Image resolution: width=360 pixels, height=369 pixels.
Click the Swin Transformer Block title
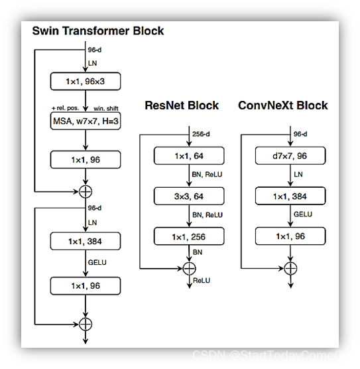point(98,31)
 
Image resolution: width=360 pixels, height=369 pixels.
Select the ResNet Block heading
point(182,106)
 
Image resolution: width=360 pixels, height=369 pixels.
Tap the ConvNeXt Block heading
point(283,106)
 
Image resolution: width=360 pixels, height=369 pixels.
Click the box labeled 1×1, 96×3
point(86,82)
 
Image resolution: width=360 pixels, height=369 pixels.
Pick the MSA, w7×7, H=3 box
point(86,121)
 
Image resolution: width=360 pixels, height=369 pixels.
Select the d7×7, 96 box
point(290,156)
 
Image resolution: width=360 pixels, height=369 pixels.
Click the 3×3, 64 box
point(188,196)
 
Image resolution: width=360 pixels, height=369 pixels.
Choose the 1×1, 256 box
point(188,236)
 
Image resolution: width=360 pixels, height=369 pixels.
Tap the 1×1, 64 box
point(188,156)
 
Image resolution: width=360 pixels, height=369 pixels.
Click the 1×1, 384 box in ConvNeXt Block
point(290,196)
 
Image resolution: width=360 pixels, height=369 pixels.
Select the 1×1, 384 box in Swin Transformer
point(86,242)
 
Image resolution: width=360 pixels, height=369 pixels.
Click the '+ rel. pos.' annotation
point(65,108)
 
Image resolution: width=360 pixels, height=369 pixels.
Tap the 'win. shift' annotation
point(106,108)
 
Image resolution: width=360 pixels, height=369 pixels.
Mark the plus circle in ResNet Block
point(188,268)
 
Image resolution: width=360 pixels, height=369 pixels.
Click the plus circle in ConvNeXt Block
point(290,268)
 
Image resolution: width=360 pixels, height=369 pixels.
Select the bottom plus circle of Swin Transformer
point(86,324)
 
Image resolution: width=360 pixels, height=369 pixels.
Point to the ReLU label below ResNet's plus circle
point(202,281)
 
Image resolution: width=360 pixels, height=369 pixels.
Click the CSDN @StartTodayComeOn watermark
point(270,355)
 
